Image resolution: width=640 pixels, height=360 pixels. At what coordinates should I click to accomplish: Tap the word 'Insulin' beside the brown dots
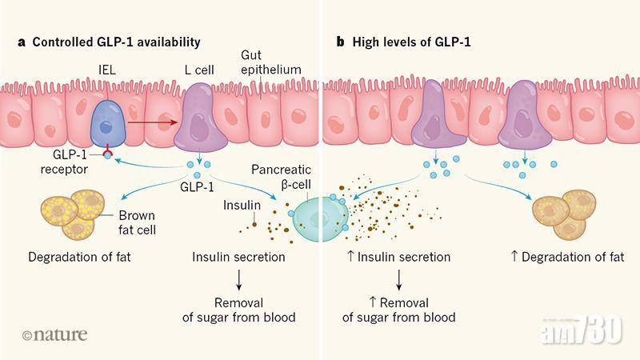pos(242,205)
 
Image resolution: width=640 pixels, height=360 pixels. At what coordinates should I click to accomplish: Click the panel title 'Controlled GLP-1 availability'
pos(114,42)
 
